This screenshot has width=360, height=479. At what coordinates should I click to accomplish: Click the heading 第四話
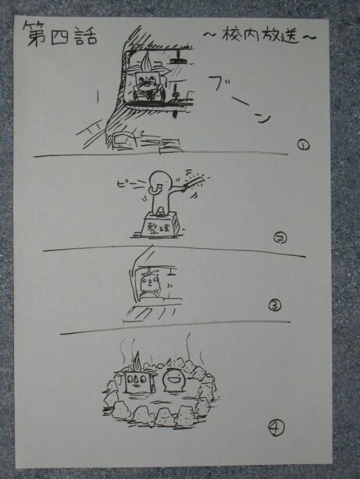(61, 34)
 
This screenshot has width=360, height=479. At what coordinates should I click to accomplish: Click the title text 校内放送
(259, 35)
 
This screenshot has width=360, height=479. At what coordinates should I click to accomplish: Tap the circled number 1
(304, 144)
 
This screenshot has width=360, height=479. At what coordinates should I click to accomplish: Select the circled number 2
(280, 237)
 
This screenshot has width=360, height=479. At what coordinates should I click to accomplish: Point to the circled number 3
(275, 305)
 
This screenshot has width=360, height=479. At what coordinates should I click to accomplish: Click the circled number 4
(276, 428)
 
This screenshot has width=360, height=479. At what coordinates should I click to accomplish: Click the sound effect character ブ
(218, 83)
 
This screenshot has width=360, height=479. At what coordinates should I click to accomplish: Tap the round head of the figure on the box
(161, 180)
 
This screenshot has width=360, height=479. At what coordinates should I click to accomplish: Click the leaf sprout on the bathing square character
(137, 362)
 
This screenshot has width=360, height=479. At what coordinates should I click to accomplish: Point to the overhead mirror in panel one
(178, 61)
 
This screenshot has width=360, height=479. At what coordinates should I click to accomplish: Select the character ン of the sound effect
(263, 118)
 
